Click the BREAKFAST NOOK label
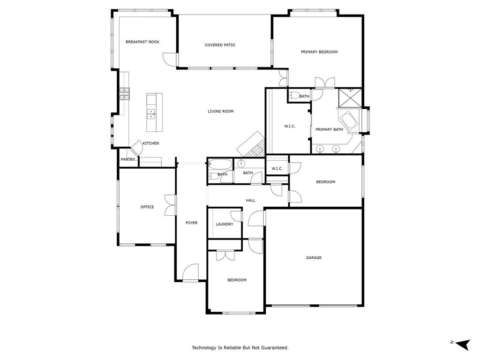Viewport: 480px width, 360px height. (x=142, y=42)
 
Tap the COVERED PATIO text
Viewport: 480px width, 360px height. (x=220, y=45)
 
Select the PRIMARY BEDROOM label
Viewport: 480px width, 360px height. (x=319, y=52)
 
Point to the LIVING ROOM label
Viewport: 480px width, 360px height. (x=220, y=112)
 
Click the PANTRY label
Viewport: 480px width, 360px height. (x=127, y=159)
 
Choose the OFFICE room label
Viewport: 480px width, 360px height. (x=147, y=207)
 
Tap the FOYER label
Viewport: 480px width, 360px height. (x=191, y=223)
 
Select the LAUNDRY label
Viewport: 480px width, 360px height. (x=224, y=224)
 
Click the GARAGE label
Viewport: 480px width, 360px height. (x=314, y=257)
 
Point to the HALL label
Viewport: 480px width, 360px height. (x=251, y=200)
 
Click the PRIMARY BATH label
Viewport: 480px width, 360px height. (x=329, y=129)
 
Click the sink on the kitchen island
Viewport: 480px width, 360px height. (x=151, y=113)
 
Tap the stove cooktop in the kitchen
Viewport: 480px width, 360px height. (x=124, y=94)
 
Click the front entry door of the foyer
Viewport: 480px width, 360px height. (x=191, y=273)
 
